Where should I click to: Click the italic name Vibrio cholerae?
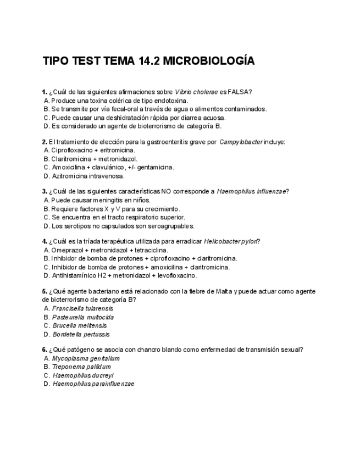[x=196, y=91]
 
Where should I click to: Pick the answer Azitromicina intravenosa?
[x=88, y=176]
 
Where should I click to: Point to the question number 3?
[x=45, y=191]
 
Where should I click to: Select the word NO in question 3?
[x=166, y=191]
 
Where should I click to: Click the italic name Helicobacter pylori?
[x=231, y=241]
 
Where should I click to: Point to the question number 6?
[x=45, y=349]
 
